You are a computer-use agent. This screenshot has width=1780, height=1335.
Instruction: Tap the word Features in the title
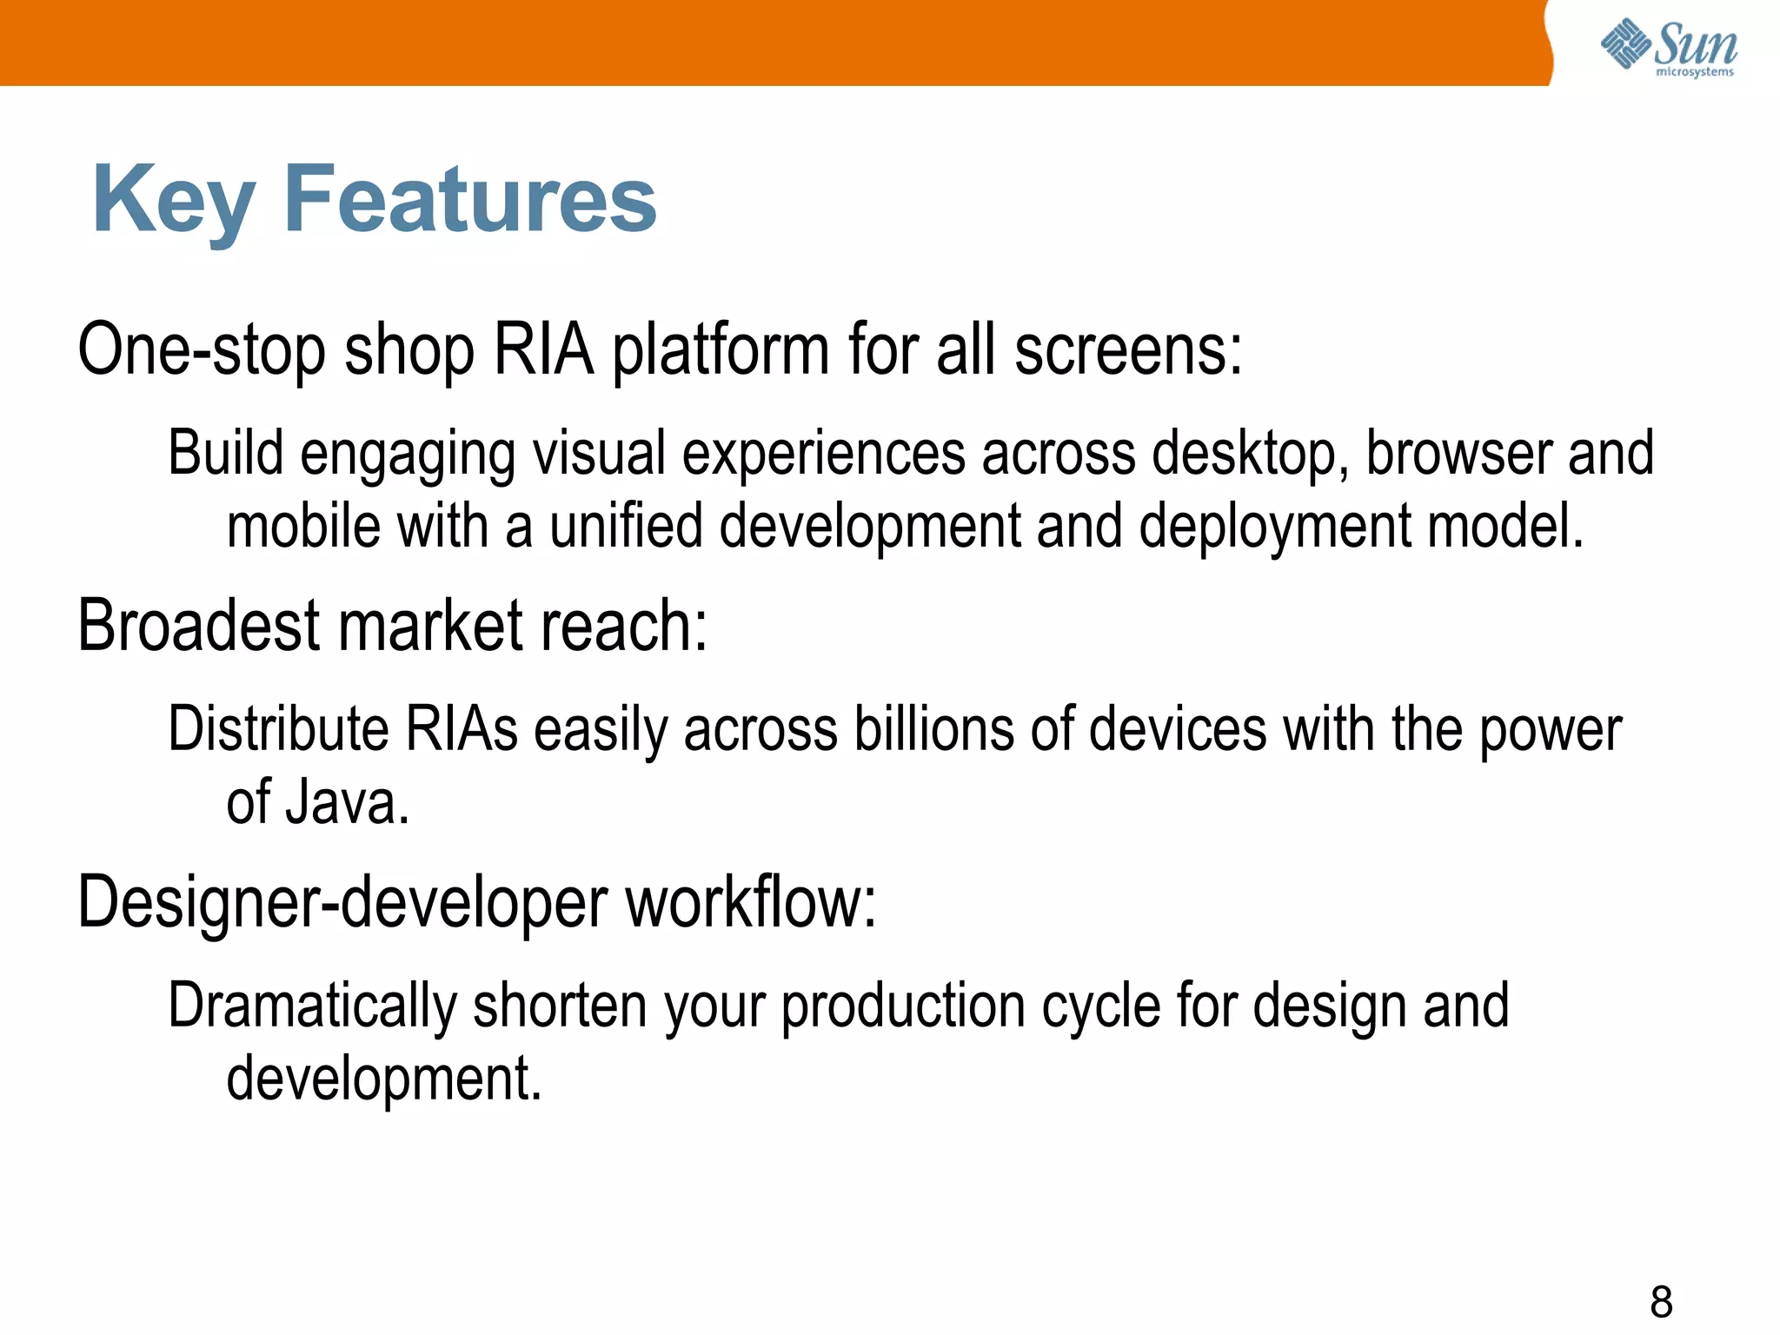pos(469,200)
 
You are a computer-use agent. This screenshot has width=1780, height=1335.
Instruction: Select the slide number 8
pos(1661,1302)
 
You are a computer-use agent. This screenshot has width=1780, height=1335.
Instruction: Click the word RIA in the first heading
pos(543,349)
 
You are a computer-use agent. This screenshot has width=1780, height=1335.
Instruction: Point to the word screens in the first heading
pos(1128,349)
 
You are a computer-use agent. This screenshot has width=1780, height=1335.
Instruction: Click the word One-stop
pos(202,349)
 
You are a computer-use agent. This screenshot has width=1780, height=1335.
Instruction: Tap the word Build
pos(226,453)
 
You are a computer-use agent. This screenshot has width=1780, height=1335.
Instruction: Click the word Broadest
pos(199,625)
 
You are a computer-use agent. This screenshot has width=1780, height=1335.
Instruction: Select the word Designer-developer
pos(342,902)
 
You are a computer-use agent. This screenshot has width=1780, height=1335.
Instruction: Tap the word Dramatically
pos(312,1006)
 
